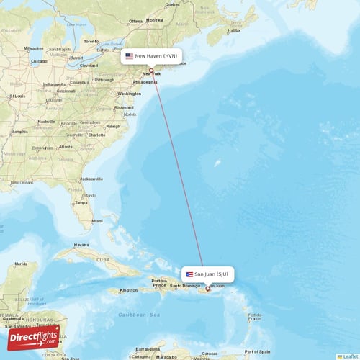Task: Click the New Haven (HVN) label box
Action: [x=151, y=55]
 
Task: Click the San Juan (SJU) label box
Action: [x=207, y=274]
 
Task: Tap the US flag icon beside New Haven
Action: [x=130, y=55]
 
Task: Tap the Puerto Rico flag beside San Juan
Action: [x=189, y=274]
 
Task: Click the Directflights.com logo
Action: [x=34, y=337]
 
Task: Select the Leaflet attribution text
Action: [x=350, y=356]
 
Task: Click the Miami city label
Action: [x=96, y=220]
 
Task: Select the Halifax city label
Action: [x=233, y=30]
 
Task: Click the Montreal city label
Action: [x=155, y=20]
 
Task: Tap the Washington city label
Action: [x=130, y=94]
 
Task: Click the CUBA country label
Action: [x=105, y=259]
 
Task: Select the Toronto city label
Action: [x=91, y=42]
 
